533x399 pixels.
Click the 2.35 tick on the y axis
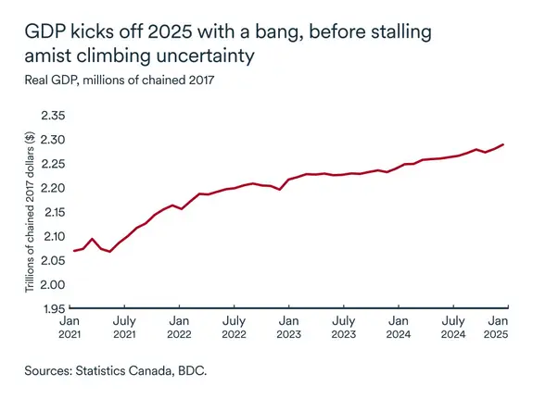pyautogui.click(x=53, y=116)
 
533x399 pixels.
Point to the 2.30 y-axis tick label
pyautogui.click(x=53, y=140)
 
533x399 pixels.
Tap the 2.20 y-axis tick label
pyautogui.click(x=53, y=188)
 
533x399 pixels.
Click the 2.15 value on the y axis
pyautogui.click(x=53, y=212)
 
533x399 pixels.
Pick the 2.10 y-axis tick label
pyautogui.click(x=53, y=236)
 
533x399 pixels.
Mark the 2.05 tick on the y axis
pyautogui.click(x=53, y=260)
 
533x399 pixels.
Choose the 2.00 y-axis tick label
pyautogui.click(x=53, y=284)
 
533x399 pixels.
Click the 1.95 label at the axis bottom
pyautogui.click(x=53, y=308)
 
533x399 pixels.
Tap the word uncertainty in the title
pyautogui.click(x=200, y=56)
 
